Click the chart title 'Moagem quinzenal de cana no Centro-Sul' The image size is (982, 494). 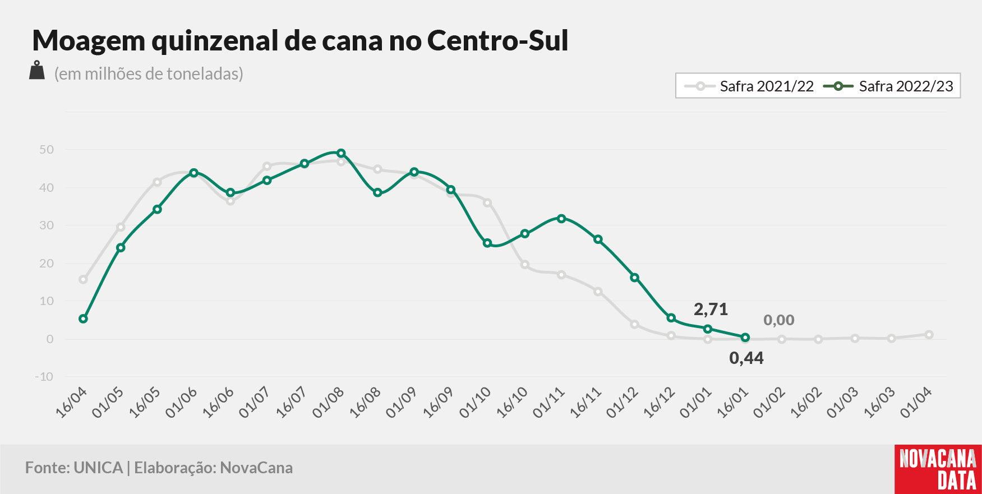coord(301,40)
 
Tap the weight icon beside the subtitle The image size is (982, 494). coord(37,71)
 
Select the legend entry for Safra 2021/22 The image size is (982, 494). coord(749,86)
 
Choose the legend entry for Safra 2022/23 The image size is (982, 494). coord(888,86)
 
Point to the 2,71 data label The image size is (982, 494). coord(711,309)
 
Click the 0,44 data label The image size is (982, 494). coord(746,358)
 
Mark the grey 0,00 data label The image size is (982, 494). coord(779,320)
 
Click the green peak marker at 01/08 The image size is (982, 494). coord(341,153)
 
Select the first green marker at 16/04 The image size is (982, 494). coord(84,318)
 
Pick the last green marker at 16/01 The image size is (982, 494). coord(745,338)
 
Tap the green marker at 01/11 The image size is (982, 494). coord(561,218)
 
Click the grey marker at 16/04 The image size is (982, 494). coord(84,279)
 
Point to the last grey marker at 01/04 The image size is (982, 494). coord(929,335)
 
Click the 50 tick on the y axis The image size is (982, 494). coord(47,150)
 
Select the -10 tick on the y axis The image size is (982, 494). coord(44,377)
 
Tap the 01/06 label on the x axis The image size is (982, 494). coord(181,403)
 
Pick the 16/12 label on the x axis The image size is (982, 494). coord(659,403)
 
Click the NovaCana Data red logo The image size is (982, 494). coord(938,469)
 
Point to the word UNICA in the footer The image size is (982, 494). coord(98,468)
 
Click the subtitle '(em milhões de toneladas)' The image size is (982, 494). coord(149,73)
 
